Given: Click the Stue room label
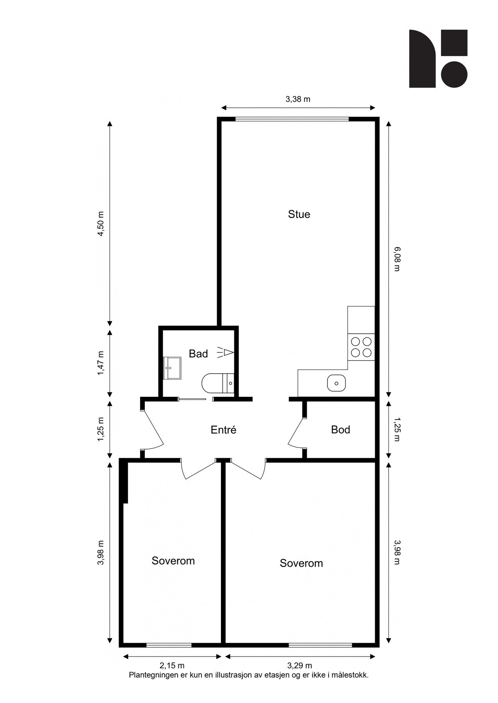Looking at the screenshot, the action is pos(299,214).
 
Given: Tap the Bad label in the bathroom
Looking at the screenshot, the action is pos(198,354).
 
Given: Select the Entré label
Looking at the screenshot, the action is pos(224,430).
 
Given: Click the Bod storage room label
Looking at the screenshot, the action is pos(340,430).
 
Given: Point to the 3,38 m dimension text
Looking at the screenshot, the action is pos(298,99).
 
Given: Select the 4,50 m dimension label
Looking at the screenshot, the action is pos(101,224).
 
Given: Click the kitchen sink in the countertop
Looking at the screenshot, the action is pos(336,383).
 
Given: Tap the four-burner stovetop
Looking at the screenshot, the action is pos(361,347).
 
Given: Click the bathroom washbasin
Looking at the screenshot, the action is pos(172,368).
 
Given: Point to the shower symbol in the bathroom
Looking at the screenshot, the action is pos(226,353).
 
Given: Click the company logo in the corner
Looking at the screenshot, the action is pos(438,59).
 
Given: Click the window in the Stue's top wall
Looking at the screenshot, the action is pos(292,119).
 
